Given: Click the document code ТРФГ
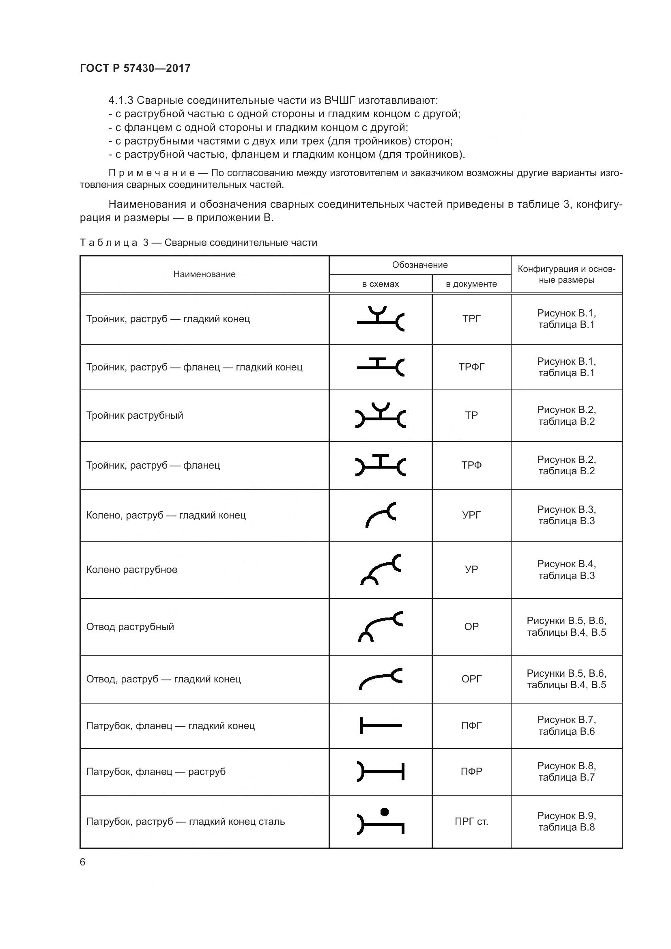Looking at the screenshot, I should [471, 367].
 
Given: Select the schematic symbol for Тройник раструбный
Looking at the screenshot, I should [380, 416].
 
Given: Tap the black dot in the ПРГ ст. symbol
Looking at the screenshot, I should [384, 812].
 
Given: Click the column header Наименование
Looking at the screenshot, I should [204, 274].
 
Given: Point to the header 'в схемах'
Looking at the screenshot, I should [380, 284].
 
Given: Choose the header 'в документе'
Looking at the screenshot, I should [471, 284].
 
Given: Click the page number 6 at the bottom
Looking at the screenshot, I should [83, 862].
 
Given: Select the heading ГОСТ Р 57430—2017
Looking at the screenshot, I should [135, 68].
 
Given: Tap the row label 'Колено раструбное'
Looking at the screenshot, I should [131, 569].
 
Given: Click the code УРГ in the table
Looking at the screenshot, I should [471, 515].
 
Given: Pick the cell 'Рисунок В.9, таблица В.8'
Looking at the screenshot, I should [566, 821].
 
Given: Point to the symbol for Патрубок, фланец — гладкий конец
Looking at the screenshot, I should [380, 725].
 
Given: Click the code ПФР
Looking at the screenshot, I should [471, 771].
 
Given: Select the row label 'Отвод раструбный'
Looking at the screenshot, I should [130, 626].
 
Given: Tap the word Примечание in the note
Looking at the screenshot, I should [152, 173].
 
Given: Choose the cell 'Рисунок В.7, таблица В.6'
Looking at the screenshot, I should [566, 725].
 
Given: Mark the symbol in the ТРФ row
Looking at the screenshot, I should [380, 465].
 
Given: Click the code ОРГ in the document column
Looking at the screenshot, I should [471, 679].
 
